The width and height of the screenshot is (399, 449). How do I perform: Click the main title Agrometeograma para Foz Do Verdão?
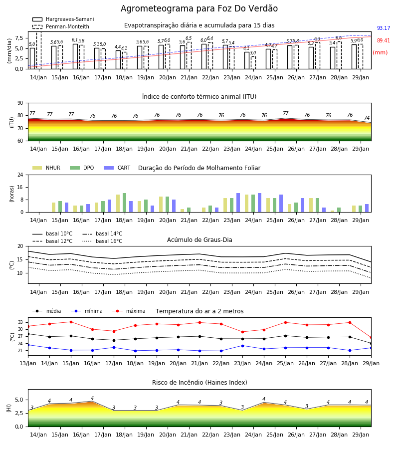pos(199,8)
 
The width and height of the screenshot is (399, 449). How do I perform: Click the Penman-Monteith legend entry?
pos(61,26)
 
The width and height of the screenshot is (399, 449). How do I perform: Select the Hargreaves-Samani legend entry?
pos(63,19)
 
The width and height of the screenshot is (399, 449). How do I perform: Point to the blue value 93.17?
pos(384,28)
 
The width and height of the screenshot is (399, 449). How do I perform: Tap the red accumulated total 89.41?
pos(384,41)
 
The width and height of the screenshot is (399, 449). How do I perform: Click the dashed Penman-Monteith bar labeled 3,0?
pos(253,63)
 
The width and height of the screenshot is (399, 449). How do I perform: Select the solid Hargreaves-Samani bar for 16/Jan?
pos(75,56)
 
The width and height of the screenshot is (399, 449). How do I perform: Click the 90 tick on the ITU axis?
pos(20,103)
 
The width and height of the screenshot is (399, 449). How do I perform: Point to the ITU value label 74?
pos(367,118)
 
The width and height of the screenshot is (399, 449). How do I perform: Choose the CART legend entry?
pos(117,168)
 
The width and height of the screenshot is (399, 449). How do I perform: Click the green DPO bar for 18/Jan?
pos(125,203)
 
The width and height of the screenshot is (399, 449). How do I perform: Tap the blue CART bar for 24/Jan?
pos(260,203)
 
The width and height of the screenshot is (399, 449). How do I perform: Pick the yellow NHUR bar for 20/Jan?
pos(161,205)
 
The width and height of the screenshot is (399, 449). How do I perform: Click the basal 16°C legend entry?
pos(102,241)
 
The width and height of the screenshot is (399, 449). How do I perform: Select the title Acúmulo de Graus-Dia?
pos(199,240)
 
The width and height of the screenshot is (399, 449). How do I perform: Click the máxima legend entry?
pos(129,311)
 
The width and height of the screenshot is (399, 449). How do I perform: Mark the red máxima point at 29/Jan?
pos(371,338)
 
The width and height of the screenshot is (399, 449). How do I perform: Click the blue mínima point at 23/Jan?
pos(243,346)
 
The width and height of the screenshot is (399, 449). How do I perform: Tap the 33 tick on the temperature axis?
pos(20,322)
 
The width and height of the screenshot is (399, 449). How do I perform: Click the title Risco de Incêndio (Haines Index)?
pos(199,383)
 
